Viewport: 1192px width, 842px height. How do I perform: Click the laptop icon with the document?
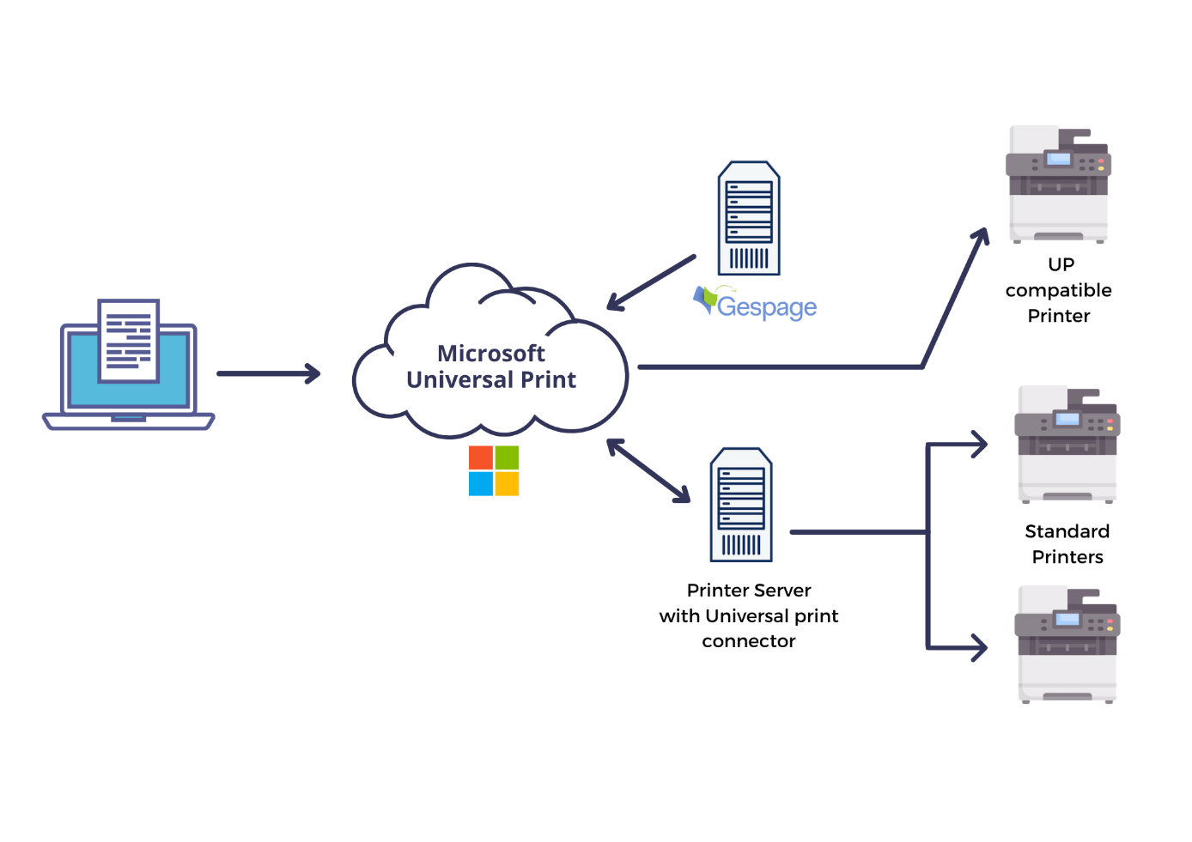[129, 365]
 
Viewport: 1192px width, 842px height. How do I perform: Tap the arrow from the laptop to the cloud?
[268, 373]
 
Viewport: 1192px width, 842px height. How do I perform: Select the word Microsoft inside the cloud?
[490, 354]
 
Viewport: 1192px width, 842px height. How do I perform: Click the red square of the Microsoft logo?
[480, 457]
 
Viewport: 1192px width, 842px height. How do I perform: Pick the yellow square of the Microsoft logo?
[507, 484]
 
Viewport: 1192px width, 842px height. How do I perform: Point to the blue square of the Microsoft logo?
[480, 484]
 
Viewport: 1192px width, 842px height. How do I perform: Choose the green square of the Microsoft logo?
[507, 457]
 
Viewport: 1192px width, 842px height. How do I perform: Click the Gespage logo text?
[766, 307]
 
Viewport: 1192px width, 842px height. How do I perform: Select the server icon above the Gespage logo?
[749, 218]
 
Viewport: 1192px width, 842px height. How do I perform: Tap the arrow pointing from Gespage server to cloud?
[651, 282]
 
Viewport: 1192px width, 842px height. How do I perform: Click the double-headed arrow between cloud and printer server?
[648, 470]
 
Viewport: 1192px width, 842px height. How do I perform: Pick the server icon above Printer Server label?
[741, 505]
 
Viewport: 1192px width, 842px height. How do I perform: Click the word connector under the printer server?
[749, 641]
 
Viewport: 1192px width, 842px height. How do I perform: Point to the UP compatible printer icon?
[1058, 185]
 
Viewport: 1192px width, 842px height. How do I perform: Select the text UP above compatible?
[1061, 264]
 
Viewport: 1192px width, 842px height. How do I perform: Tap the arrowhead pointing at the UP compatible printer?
[981, 235]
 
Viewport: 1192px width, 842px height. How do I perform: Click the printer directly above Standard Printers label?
[1067, 445]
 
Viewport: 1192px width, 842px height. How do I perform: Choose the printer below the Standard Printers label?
[1067, 645]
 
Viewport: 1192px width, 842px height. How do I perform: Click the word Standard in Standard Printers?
[1067, 531]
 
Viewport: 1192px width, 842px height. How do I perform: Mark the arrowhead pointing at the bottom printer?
[979, 647]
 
